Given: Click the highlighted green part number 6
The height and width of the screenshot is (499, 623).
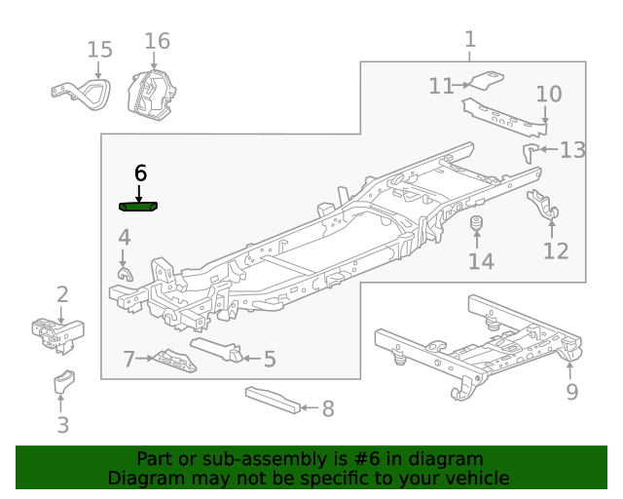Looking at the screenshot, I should point(140,206).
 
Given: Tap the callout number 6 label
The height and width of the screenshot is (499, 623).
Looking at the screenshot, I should point(140,173).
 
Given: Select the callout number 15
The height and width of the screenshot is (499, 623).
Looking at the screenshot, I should point(99,50).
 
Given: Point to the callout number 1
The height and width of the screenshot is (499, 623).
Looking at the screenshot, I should point(470,39).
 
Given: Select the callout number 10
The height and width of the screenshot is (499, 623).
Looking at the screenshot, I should point(549,94).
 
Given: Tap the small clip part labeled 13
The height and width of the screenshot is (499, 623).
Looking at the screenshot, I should point(531,150).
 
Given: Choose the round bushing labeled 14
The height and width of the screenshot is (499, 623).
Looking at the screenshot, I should point(478,227).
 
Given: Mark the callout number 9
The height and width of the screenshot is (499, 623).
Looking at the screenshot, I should point(572,392).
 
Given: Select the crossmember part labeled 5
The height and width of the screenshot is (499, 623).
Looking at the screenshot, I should point(218,349).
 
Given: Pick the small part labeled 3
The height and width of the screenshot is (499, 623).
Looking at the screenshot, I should point(64,383).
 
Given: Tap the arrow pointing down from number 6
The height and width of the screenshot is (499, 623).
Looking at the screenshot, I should point(140,192).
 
